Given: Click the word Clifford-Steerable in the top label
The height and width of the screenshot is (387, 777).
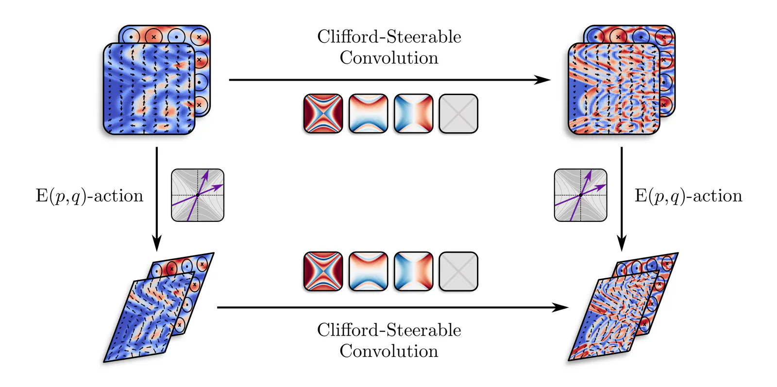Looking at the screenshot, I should click(389, 37).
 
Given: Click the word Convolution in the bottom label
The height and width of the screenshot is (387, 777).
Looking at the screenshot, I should click(389, 351).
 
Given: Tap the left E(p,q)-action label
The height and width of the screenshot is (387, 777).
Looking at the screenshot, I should click(90, 196).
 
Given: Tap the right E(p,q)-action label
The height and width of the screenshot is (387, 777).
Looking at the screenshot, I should click(689, 196).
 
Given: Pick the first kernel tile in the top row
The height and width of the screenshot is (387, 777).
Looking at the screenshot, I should click(323, 114).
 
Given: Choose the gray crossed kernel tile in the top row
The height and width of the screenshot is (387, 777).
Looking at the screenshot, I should click(458, 114).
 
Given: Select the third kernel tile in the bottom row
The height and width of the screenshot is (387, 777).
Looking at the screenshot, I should click(413, 271).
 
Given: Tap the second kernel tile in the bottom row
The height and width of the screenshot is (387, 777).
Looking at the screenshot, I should click(368, 271).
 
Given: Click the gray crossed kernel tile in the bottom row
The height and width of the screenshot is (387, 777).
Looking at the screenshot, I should click(458, 271).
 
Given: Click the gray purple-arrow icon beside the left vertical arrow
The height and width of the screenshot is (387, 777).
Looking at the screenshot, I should click(198, 195).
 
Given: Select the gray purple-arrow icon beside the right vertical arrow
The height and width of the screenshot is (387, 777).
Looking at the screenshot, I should click(580, 195).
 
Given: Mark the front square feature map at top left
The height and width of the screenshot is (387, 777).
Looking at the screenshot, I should click(149, 89).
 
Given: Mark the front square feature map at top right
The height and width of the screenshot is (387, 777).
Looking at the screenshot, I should click(614, 89).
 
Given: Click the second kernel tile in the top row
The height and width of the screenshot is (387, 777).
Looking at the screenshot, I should click(368, 114).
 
